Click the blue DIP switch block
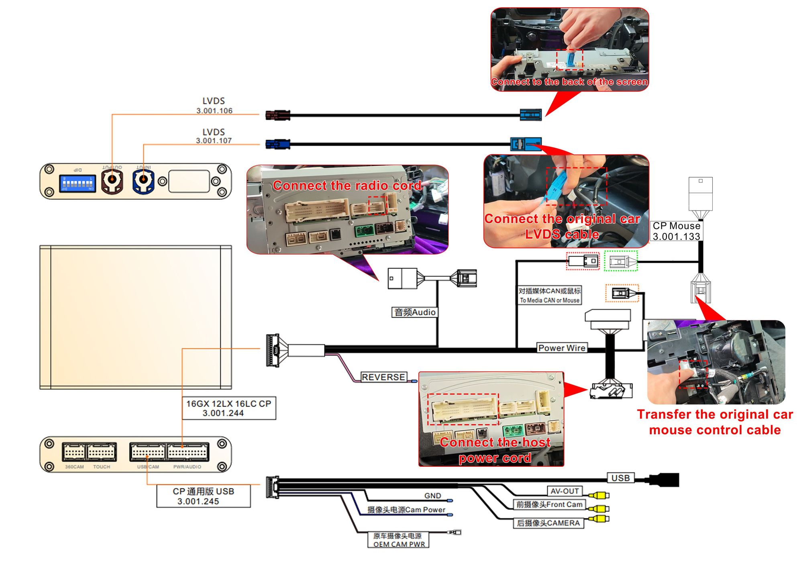coord(77,184)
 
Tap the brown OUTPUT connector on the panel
coord(112,182)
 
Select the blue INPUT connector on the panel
coord(143,182)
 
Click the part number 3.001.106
coord(214,111)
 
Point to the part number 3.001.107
coord(214,141)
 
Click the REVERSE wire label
coord(383,377)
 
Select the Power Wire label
coord(562,348)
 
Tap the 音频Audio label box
coord(415,312)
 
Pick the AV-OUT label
coord(565,491)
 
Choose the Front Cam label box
coord(549,505)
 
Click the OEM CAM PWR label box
coord(398,540)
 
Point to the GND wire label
coord(432,496)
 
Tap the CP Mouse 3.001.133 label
coord(676,231)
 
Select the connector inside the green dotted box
coord(621,262)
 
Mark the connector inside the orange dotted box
coord(622,293)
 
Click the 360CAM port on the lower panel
coord(74,452)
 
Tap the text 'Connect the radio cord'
coord(347,186)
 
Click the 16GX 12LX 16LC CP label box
coord(229,408)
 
